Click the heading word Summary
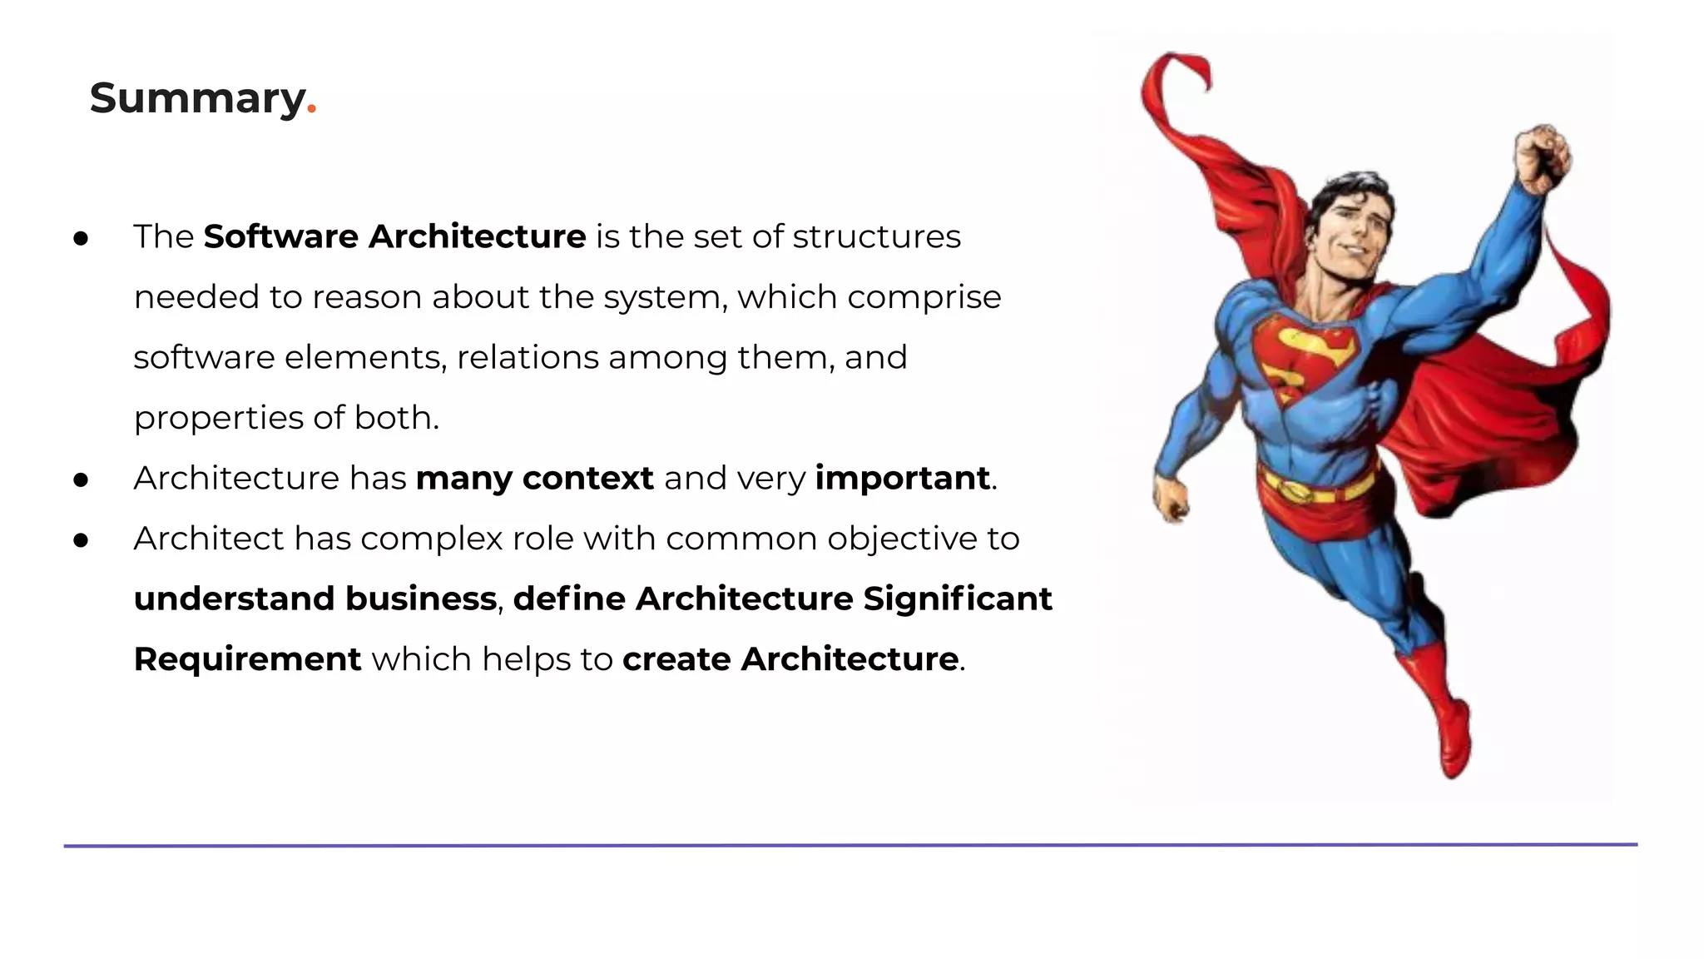(198, 99)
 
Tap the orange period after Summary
(312, 109)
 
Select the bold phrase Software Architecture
(394, 237)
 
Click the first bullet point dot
(81, 240)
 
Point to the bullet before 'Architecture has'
(81, 480)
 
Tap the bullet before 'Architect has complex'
(81, 541)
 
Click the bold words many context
(534, 479)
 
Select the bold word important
(902, 479)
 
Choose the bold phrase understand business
(315, 599)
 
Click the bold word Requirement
(247, 659)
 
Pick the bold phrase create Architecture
(790, 659)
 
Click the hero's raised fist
(1542, 157)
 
